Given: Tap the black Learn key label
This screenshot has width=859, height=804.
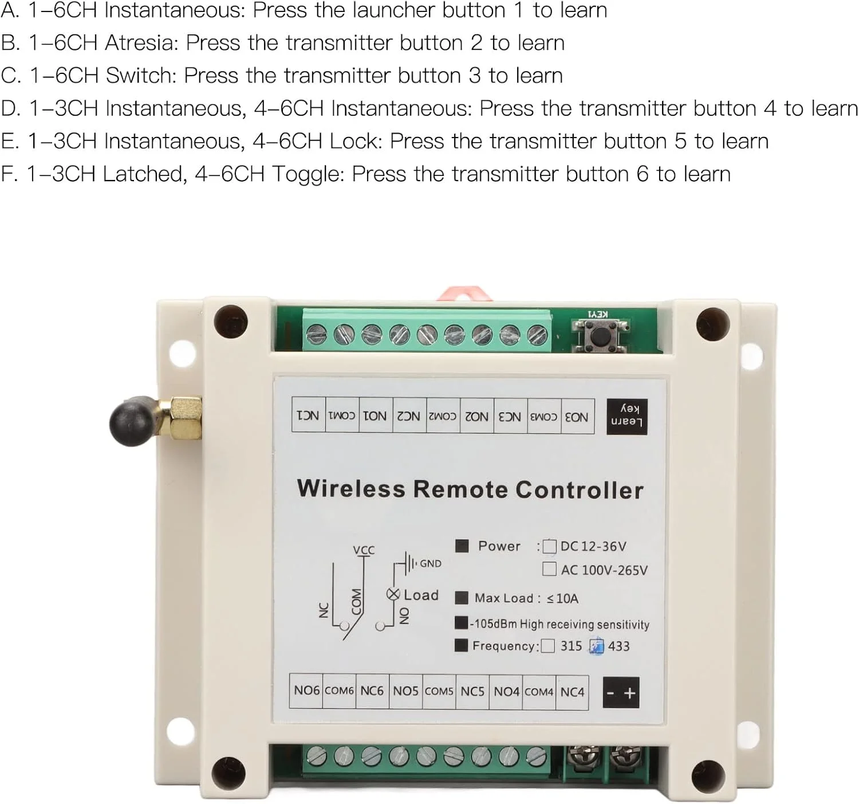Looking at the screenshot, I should click(x=626, y=416).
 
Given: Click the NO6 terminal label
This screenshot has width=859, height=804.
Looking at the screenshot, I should click(x=306, y=691).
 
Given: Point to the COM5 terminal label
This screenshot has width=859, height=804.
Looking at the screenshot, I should click(x=439, y=691).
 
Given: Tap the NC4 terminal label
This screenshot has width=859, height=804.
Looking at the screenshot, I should click(x=572, y=692).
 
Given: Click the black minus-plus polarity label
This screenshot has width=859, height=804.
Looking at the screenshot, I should click(x=621, y=693).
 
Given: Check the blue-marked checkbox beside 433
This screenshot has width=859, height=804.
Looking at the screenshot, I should click(x=597, y=646).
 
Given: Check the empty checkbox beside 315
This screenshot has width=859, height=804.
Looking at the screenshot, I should click(x=548, y=646).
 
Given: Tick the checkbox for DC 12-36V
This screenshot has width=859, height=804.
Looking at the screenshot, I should click(x=549, y=546).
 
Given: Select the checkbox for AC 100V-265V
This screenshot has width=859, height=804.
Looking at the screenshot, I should click(x=549, y=569).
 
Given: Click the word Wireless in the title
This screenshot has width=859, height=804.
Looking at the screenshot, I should click(x=351, y=489).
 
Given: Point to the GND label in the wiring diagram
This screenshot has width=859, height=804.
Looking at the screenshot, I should click(x=430, y=563).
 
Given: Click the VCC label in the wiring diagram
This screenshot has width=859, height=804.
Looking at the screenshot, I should click(x=364, y=550).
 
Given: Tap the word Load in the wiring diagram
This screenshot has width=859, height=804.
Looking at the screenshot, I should click(x=421, y=595).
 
